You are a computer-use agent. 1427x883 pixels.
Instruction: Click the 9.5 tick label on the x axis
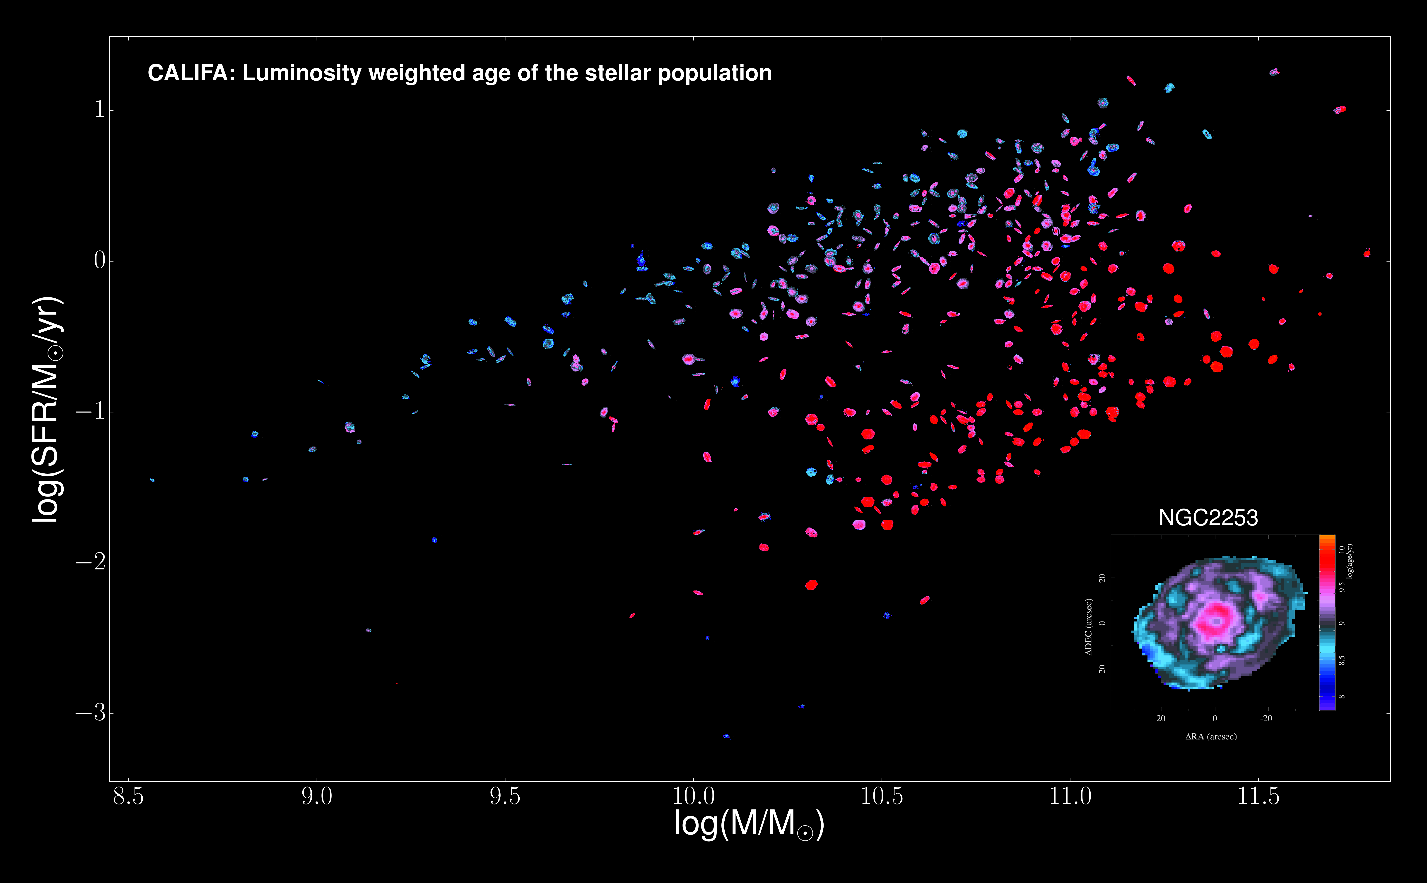coord(505,796)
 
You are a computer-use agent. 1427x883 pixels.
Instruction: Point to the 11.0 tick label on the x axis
coord(1070,796)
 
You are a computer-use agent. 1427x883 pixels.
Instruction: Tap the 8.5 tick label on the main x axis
coord(128,796)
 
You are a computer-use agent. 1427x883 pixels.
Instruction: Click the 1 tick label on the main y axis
coord(99,109)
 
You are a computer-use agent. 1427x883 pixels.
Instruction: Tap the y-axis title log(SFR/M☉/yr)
coord(47,409)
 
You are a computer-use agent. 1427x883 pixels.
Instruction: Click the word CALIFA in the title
coord(187,73)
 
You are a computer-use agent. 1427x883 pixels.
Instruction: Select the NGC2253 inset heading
coord(1208,517)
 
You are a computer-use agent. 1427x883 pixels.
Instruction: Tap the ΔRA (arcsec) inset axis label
coord(1211,737)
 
